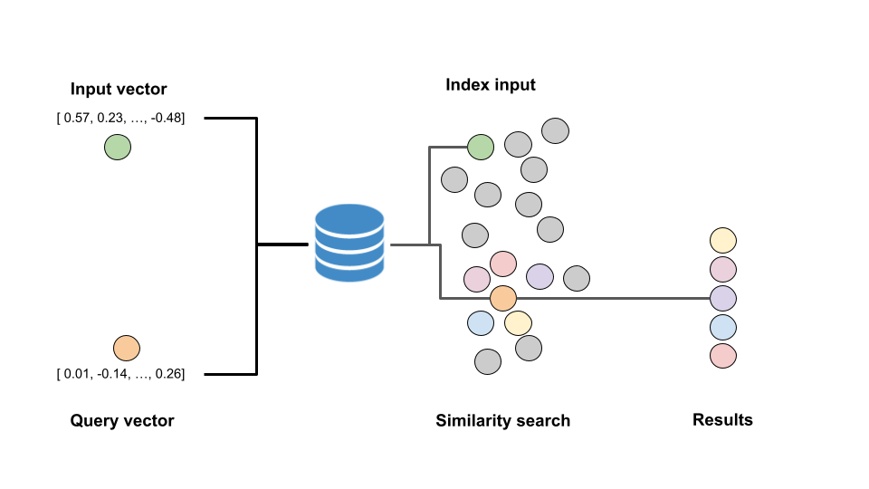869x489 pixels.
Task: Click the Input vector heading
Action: (119, 89)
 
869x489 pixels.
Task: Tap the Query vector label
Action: (122, 420)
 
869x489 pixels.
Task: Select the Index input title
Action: (491, 85)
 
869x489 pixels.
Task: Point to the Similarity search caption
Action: (503, 420)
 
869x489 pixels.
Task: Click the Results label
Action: (722, 419)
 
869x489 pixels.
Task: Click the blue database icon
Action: (349, 242)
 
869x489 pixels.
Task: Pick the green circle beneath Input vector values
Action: (117, 147)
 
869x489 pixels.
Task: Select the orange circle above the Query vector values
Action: (126, 348)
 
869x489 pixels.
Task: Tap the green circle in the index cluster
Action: (481, 146)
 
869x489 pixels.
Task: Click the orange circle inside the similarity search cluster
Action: (502, 297)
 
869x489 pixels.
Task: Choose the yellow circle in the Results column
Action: (723, 241)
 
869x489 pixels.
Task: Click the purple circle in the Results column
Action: (723, 298)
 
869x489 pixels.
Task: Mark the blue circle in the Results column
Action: (723, 327)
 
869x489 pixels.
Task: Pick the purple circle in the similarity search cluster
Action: (540, 276)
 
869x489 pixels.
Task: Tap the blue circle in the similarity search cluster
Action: (481, 322)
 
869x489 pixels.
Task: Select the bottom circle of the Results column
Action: (723, 355)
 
